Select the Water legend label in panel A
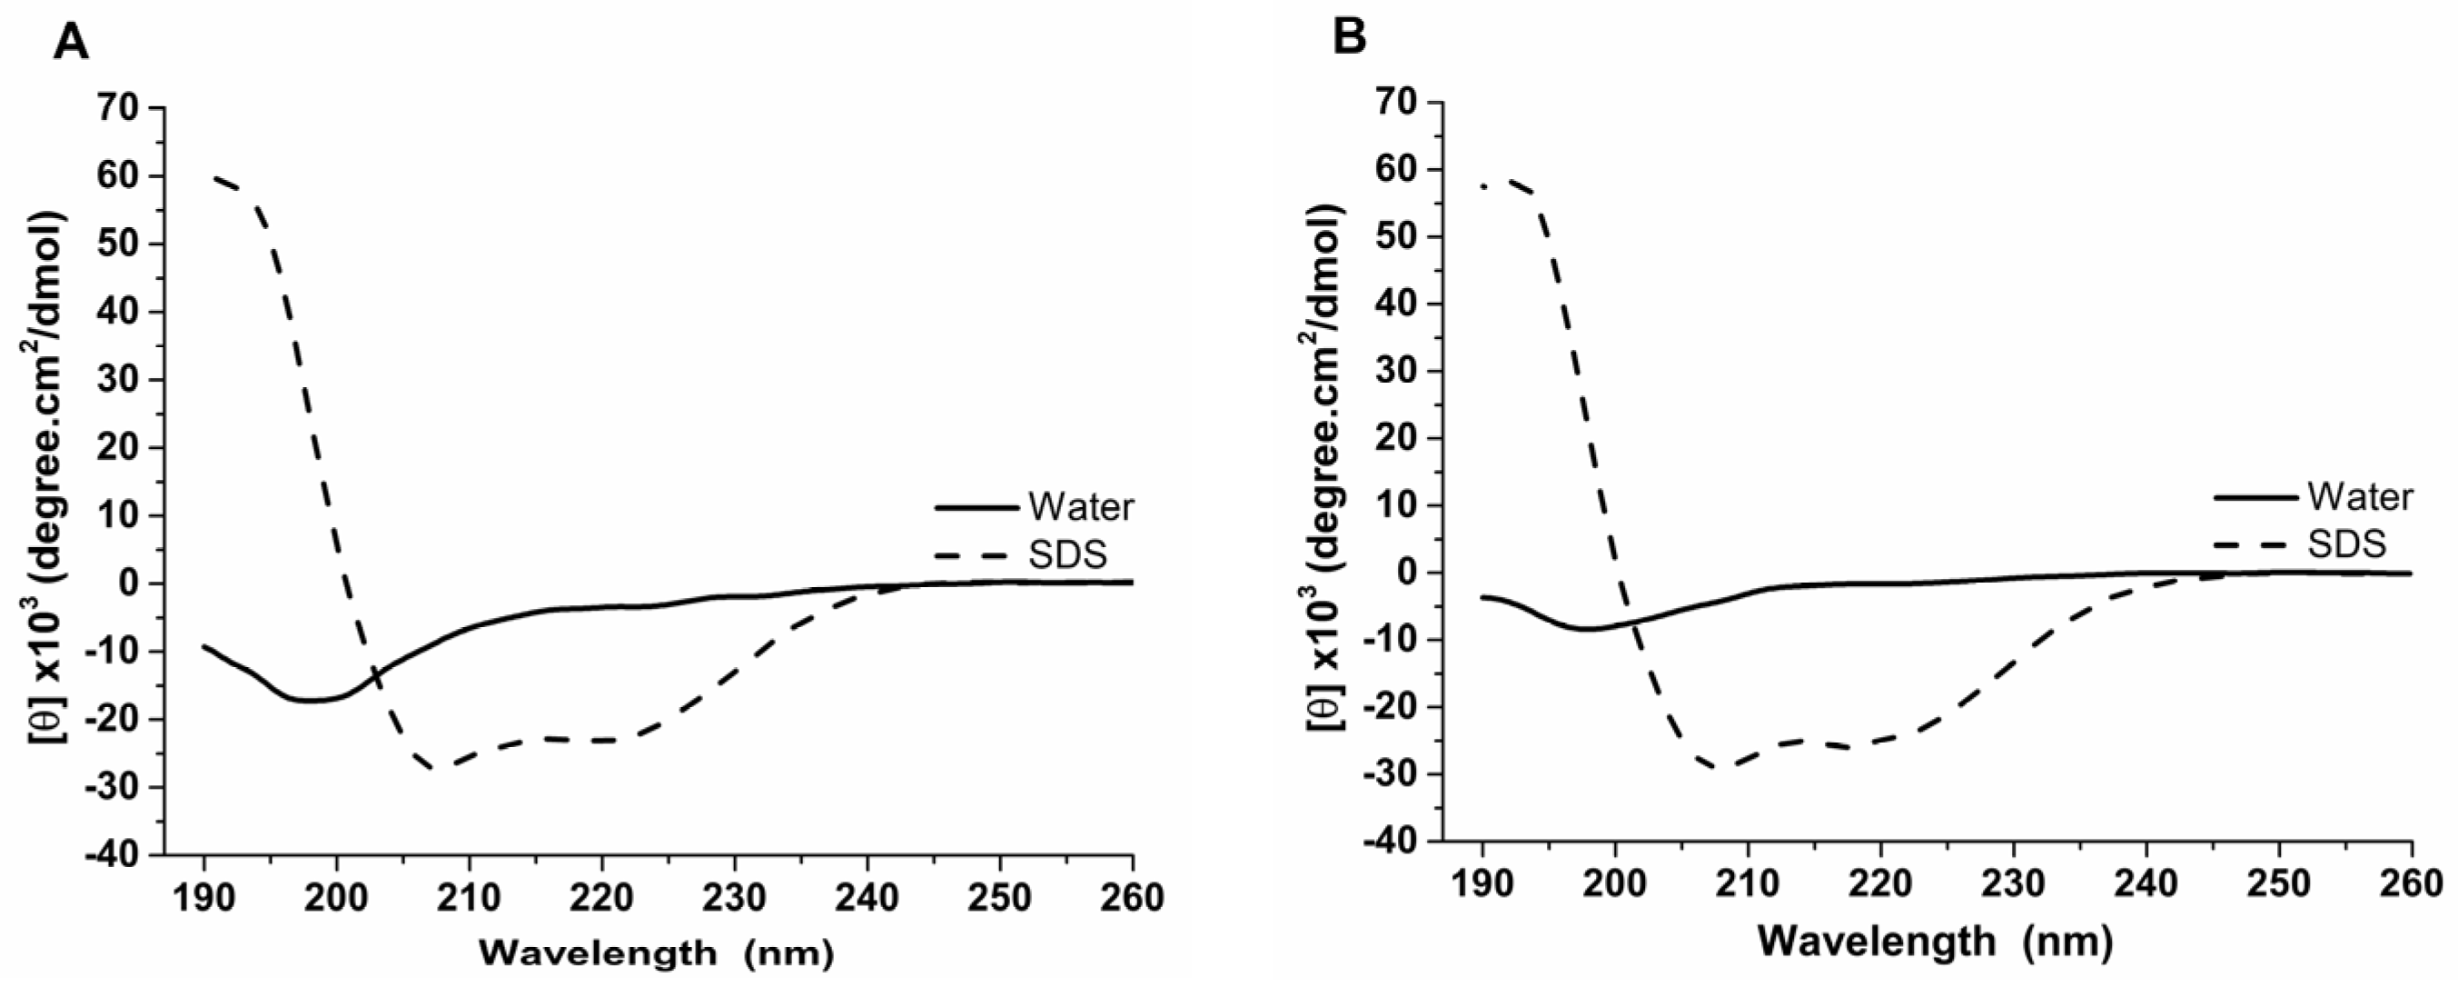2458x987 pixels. point(1081,507)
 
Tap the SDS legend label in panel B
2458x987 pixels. point(2347,543)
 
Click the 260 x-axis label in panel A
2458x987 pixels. point(1133,898)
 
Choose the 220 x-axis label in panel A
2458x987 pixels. point(602,898)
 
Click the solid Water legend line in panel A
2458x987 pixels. point(976,508)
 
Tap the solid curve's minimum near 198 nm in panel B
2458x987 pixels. point(1587,629)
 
